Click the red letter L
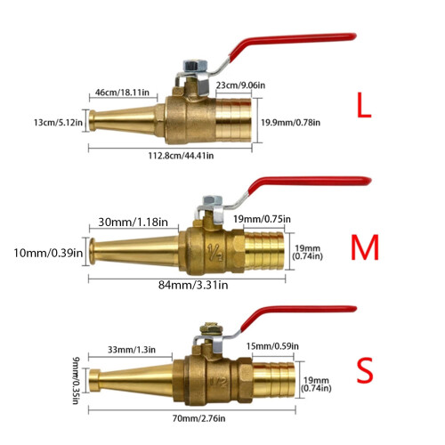364,105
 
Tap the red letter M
365,247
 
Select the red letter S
365,370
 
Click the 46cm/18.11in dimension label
122,93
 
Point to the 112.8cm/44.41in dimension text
181,156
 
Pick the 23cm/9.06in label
240,85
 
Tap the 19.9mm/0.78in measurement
290,122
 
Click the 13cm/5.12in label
58,122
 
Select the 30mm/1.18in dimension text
133,222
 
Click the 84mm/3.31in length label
193,285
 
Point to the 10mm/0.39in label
48,253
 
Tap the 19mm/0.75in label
262,219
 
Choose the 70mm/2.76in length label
198,418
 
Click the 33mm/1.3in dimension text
132,350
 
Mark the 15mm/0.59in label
272,346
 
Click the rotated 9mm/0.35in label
76,381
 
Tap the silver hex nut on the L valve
195,65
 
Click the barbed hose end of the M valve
264,251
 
